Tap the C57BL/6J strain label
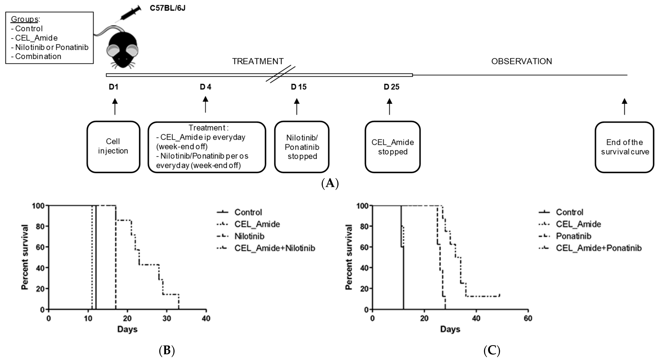[x=168, y=8]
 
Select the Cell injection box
[x=113, y=147]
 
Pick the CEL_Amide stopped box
[x=392, y=147]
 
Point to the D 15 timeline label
[x=299, y=87]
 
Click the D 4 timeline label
[x=206, y=87]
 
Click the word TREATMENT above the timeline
[x=258, y=61]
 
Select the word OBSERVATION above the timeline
[x=522, y=61]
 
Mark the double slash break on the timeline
[x=281, y=74]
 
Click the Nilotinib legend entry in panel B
[x=249, y=236]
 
